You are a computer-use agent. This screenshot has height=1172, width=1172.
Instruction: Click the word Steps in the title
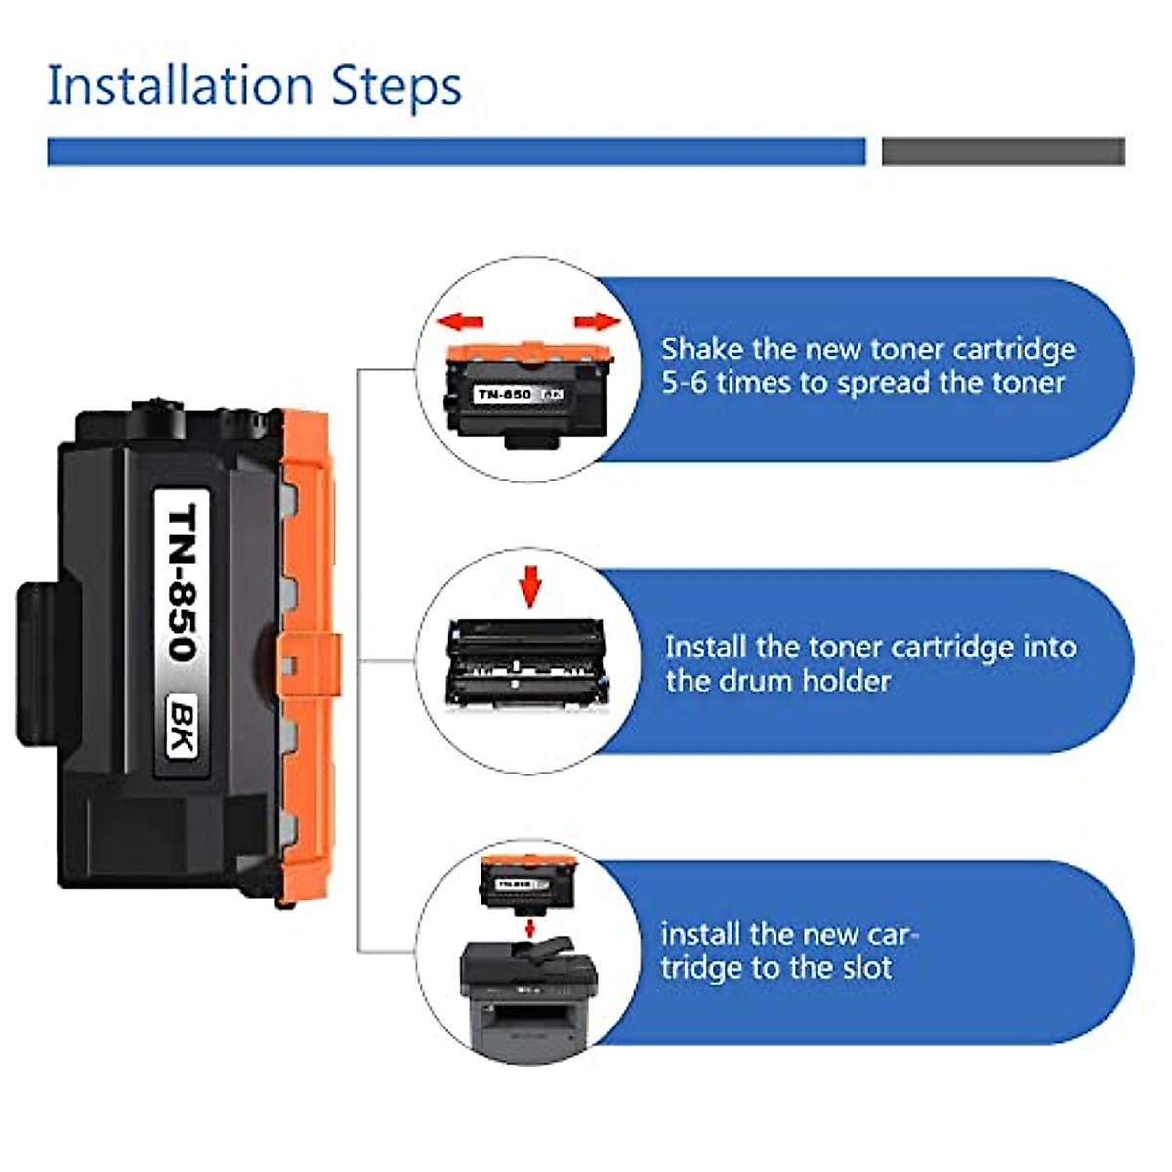(x=396, y=87)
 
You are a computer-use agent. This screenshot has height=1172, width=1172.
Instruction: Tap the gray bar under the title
(x=1003, y=151)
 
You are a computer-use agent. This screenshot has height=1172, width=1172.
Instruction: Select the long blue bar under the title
(x=456, y=151)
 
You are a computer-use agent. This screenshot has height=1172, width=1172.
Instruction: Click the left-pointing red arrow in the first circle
(x=460, y=321)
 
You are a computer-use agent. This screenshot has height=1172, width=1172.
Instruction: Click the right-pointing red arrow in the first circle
(x=597, y=321)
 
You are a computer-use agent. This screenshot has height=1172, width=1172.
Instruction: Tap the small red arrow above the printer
(x=530, y=925)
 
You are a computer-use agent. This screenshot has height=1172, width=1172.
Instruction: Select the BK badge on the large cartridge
(x=181, y=727)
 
